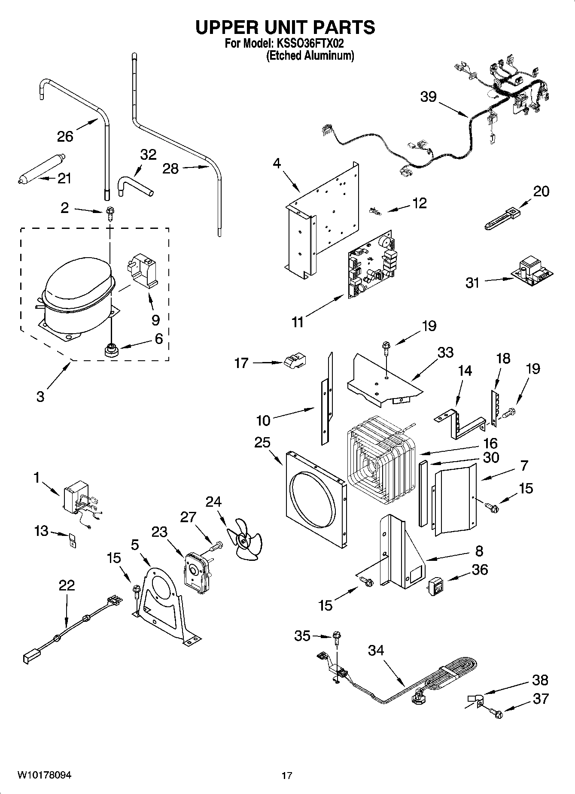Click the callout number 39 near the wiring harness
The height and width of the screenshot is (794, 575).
(428, 97)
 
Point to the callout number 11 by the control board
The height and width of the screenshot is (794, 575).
(297, 322)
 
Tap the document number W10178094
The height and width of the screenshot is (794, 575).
(44, 775)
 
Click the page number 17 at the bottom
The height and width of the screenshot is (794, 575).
(287, 776)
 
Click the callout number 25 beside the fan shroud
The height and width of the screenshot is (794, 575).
(262, 442)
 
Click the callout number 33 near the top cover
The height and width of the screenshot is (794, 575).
(445, 353)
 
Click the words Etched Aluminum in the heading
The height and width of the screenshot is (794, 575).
(310, 56)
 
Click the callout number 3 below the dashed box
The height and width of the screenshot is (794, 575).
(40, 396)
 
